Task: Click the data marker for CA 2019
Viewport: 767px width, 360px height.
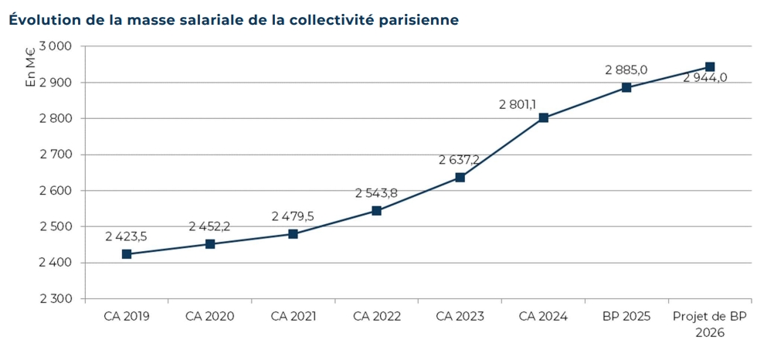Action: (127, 253)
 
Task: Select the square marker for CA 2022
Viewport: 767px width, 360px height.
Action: (377, 210)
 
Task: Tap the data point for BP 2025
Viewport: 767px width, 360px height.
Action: (626, 87)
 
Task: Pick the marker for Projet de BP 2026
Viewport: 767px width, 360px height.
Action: (710, 67)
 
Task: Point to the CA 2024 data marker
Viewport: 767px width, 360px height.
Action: (544, 117)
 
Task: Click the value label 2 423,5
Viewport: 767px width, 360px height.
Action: (127, 236)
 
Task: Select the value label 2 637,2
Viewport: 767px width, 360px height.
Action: (460, 160)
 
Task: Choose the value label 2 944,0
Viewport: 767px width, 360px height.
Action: (705, 77)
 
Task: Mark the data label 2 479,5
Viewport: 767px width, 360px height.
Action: (293, 216)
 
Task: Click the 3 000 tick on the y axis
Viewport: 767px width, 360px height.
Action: (55, 46)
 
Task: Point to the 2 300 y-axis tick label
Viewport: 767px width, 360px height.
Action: (55, 299)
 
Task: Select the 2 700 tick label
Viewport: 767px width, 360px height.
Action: (55, 155)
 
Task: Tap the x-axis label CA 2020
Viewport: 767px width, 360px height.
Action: (209, 317)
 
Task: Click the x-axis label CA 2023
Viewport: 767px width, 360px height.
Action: (460, 317)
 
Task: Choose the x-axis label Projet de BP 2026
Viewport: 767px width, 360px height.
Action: (710, 324)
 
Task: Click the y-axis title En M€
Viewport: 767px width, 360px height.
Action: (31, 68)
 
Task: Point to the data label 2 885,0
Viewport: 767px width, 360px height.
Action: (626, 70)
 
